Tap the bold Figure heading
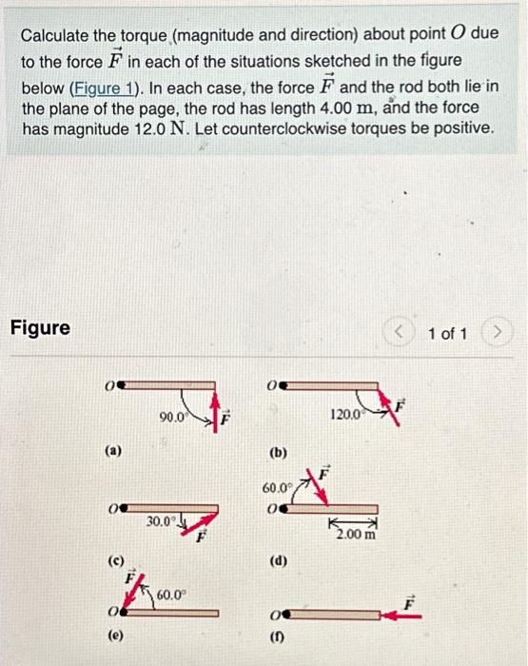[40, 328]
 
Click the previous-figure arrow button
[400, 333]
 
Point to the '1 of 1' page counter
[447, 333]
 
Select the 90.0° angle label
[173, 416]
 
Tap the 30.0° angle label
[161, 521]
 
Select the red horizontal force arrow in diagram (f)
[399, 615]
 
